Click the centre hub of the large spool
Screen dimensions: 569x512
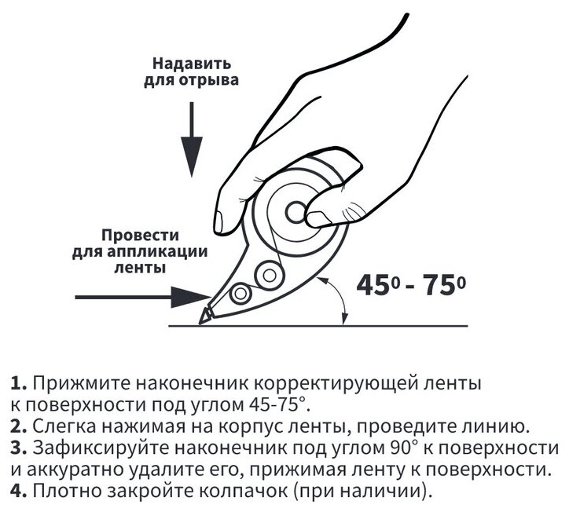click(296, 211)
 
